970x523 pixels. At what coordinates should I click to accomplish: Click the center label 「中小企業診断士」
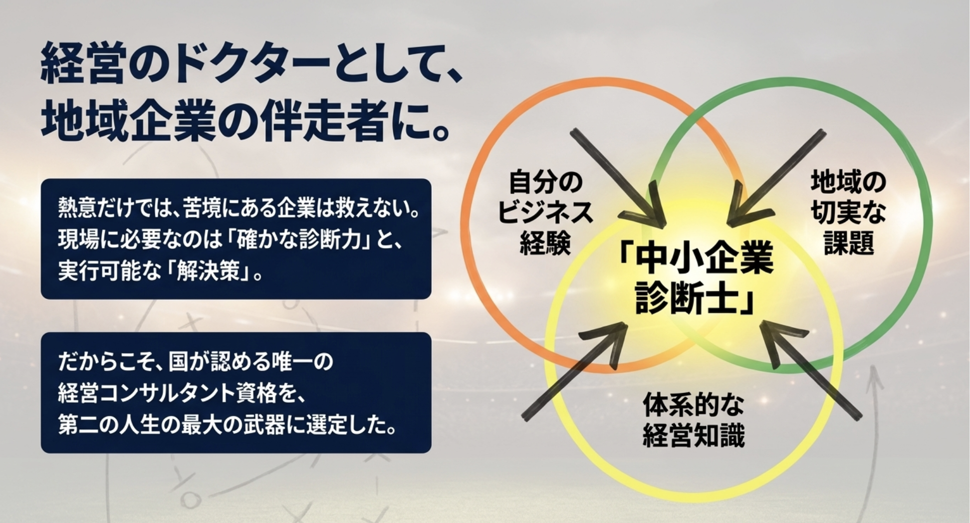[x=696, y=280]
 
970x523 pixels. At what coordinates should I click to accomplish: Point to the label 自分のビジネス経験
[x=546, y=212]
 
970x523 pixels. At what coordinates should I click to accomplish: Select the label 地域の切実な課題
[x=848, y=212]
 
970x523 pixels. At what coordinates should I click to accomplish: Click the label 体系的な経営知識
[x=693, y=420]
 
